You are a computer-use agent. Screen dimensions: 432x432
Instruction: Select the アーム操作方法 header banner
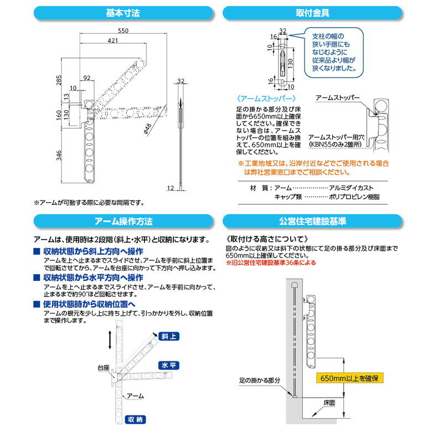(x=123, y=221)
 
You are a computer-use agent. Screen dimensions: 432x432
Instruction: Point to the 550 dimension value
(x=124, y=31)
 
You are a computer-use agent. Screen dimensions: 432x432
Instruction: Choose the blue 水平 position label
(x=168, y=366)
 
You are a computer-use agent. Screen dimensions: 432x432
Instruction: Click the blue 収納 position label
(x=135, y=419)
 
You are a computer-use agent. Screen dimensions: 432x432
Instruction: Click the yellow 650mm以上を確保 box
(x=349, y=378)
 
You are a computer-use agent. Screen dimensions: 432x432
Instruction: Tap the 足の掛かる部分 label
(x=256, y=380)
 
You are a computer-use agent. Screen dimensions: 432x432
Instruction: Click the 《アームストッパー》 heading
(x=262, y=98)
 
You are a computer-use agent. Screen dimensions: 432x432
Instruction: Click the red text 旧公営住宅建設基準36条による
(x=271, y=263)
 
